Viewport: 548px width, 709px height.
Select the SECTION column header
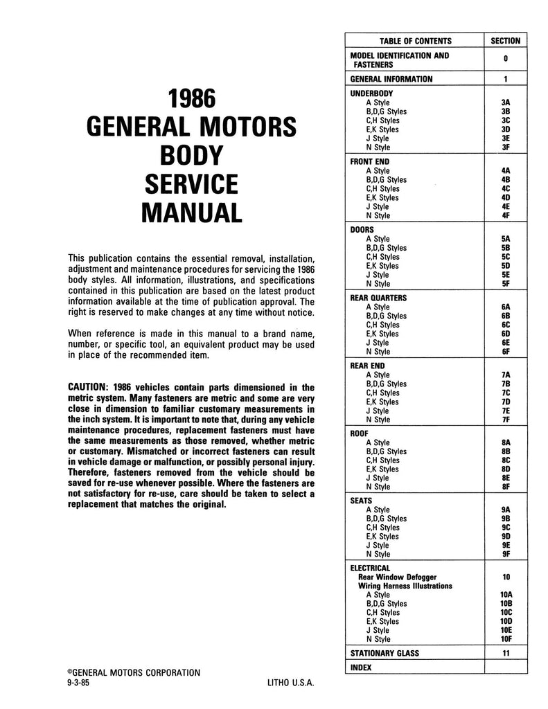point(505,41)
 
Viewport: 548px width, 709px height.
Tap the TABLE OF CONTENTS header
point(415,41)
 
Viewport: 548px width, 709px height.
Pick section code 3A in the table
point(505,102)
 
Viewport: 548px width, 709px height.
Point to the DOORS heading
point(362,229)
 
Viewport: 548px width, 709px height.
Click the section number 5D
point(505,266)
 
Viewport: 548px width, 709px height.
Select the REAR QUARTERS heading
point(379,298)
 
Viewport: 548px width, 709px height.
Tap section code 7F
point(505,420)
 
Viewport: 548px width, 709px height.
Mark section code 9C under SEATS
point(505,527)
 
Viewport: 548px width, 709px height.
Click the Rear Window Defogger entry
point(397,577)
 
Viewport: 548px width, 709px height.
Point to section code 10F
point(505,639)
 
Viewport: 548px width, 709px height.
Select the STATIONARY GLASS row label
point(385,653)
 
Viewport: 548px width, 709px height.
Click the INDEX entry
point(361,667)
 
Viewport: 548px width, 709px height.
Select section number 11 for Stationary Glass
point(505,653)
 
